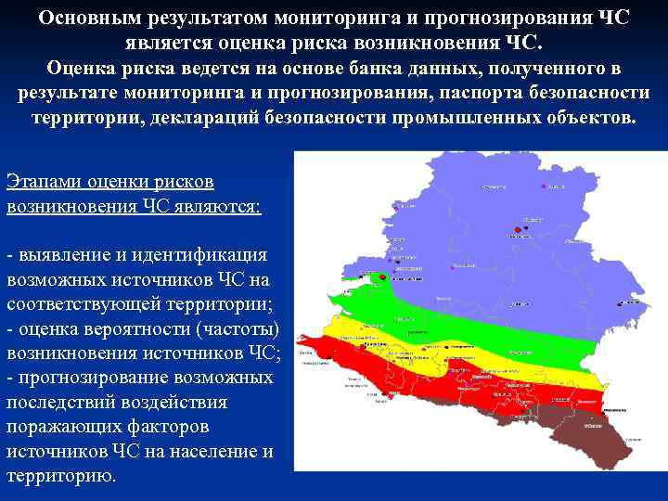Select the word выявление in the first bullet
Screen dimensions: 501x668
click(x=64, y=255)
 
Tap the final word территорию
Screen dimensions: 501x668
click(x=60, y=476)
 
